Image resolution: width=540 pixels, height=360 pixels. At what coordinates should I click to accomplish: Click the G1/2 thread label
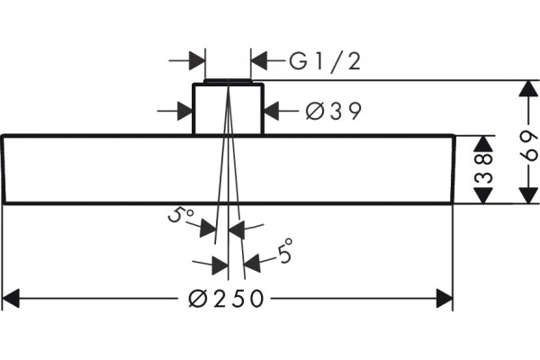[x=325, y=62]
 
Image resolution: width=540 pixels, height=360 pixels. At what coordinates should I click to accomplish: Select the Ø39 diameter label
[x=334, y=111]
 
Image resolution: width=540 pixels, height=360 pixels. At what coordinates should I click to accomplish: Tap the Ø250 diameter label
[x=226, y=298]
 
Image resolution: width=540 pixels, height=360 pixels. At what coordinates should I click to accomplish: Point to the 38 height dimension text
[x=484, y=168]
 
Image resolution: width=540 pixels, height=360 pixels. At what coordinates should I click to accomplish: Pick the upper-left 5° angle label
[x=181, y=214]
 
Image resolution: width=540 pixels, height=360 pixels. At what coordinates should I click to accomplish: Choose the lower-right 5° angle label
[x=285, y=250]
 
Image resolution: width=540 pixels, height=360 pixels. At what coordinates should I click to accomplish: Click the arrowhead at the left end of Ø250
[x=10, y=298]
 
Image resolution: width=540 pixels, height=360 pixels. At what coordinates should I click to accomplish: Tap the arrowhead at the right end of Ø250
[x=445, y=298]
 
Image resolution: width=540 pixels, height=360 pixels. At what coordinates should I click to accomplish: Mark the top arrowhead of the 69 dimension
[x=528, y=88]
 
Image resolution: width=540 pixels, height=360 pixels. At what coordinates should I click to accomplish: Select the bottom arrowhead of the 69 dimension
[x=528, y=195]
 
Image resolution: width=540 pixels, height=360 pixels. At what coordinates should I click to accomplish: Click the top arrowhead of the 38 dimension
[x=483, y=144]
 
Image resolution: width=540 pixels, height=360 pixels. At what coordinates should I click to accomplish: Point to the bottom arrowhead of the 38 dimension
[x=483, y=195]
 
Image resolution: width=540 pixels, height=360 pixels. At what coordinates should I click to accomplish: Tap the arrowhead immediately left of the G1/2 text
[x=259, y=60]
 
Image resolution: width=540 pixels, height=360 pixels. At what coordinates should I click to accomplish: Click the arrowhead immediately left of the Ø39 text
[x=272, y=112]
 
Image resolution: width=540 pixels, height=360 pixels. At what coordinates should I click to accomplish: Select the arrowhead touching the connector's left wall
[x=184, y=112]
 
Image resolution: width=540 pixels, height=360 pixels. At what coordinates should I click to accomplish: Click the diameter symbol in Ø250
[x=198, y=298]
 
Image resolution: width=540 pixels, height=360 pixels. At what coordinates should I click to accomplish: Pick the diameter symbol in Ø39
[x=315, y=111]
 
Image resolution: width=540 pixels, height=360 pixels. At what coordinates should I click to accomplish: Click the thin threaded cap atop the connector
[x=228, y=81]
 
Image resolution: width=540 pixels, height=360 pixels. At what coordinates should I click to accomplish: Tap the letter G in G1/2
[x=298, y=61]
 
